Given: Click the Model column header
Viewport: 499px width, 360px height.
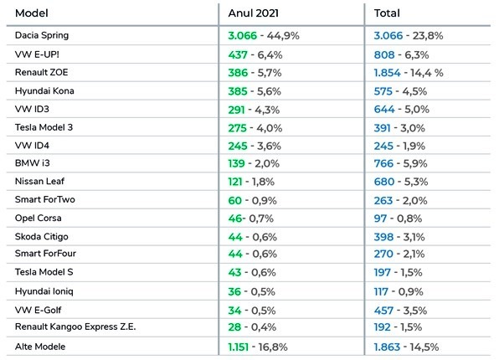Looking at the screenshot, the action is click(x=32, y=13).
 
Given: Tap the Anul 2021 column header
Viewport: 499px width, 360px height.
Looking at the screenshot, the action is click(x=254, y=13).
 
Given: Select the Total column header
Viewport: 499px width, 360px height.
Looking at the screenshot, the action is click(x=387, y=13).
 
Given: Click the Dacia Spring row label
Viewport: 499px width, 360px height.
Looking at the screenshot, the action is click(x=42, y=35).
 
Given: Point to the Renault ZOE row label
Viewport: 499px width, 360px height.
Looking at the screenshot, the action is click(x=41, y=72).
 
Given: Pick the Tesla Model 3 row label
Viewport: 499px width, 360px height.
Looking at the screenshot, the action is click(x=44, y=127).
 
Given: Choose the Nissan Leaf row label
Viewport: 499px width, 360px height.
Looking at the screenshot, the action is click(x=39, y=181).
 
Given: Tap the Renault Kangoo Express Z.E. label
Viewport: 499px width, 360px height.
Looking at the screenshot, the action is click(x=75, y=327).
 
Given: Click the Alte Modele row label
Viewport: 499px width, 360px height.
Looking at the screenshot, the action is click(x=40, y=347).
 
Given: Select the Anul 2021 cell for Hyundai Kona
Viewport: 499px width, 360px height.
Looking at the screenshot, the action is click(x=255, y=91).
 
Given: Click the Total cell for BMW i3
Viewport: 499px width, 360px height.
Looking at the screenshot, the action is click(x=400, y=163).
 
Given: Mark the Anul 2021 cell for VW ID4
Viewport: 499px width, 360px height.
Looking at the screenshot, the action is click(x=255, y=147).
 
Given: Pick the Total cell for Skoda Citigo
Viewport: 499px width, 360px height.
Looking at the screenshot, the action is click(x=399, y=237).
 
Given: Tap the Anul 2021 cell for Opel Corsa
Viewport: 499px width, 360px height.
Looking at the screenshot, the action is click(x=251, y=219).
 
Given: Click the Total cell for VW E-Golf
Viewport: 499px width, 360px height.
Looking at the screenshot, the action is click(x=400, y=311).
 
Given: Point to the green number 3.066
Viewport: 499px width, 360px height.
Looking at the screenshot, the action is click(x=242, y=36).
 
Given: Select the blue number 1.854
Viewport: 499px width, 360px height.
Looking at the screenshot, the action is click(x=387, y=73).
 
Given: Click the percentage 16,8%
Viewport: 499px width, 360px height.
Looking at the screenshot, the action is click(x=273, y=347).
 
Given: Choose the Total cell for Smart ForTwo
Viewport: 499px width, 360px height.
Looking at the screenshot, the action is click(x=400, y=201).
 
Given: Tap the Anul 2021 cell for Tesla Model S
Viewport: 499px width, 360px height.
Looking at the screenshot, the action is click(x=252, y=272).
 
